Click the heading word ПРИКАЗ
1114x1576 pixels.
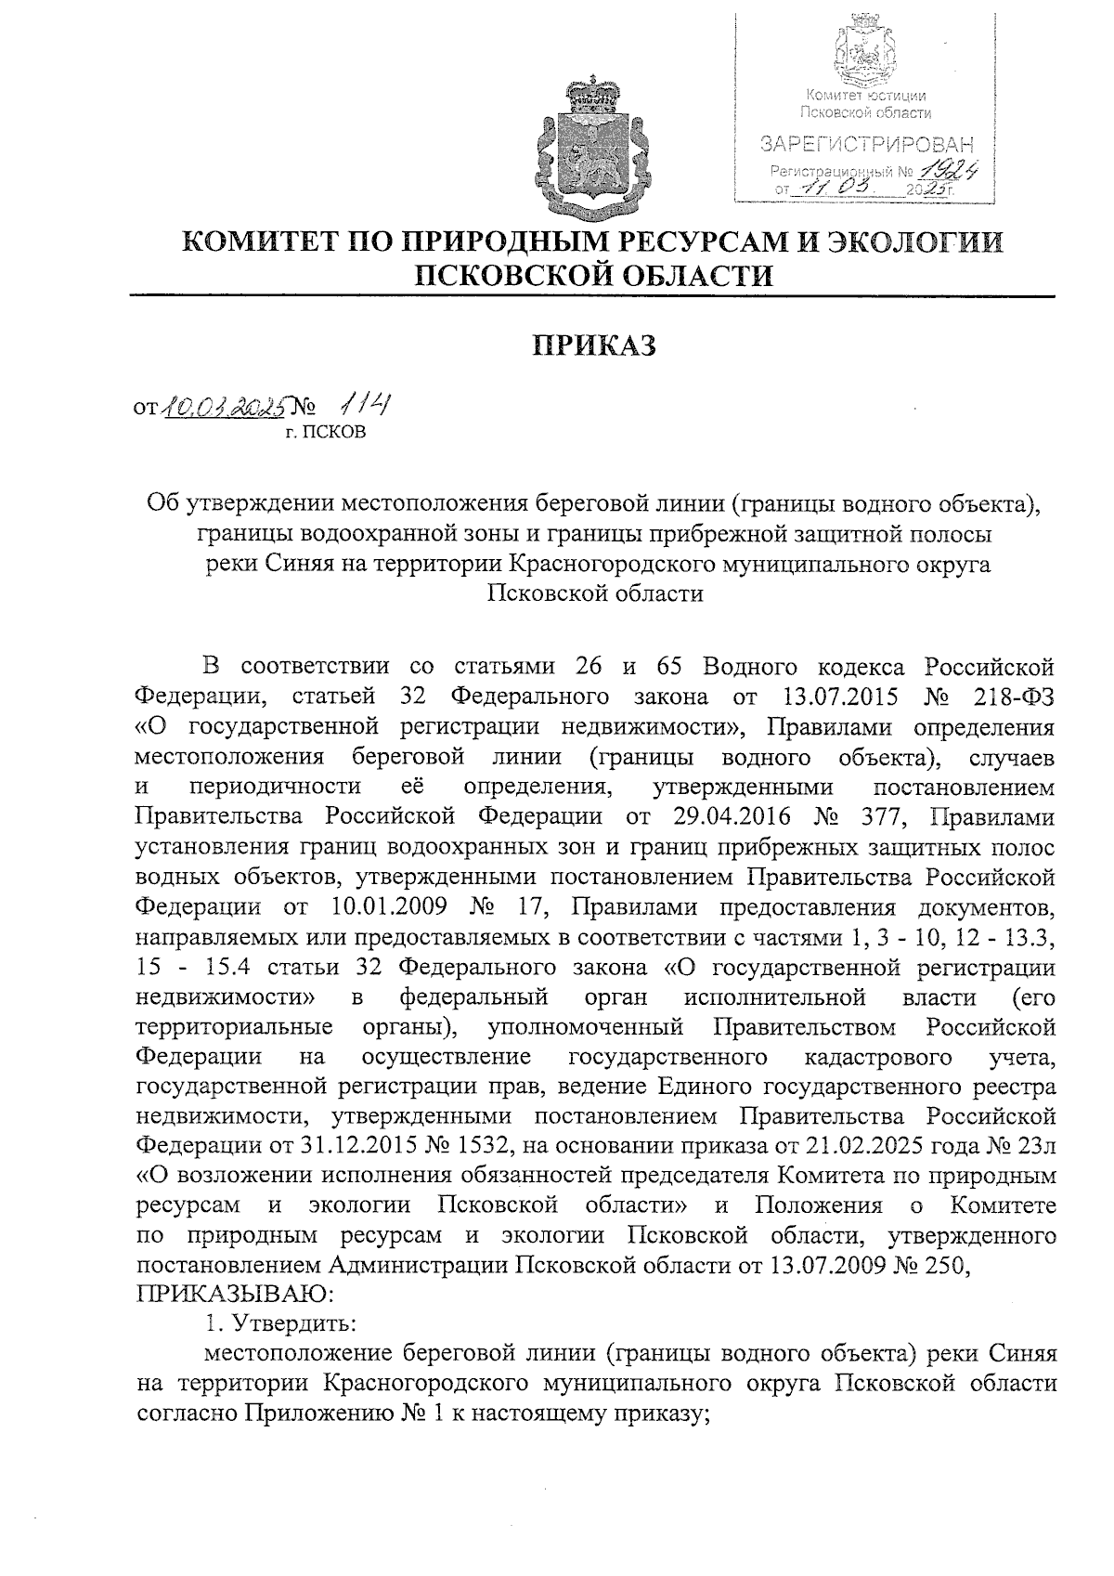point(594,345)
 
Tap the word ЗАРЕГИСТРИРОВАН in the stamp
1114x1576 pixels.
point(867,145)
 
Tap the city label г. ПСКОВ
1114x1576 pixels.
point(326,432)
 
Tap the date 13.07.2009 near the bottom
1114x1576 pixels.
point(820,1265)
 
